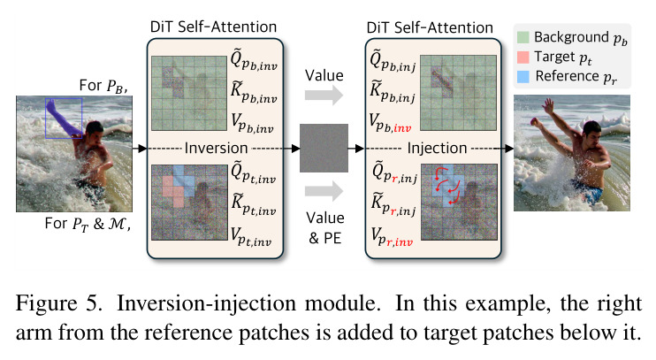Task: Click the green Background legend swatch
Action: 523,37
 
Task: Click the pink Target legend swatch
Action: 523,57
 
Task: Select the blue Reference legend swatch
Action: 523,77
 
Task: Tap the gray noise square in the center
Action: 324,148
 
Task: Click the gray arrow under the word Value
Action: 324,95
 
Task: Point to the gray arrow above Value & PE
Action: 324,191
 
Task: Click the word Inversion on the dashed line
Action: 216,149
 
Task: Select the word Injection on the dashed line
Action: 437,149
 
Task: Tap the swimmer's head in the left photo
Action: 95,127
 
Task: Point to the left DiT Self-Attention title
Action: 213,27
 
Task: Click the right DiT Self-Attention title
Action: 430,27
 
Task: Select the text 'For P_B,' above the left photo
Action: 103,86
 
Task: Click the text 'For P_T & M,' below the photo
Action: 88,224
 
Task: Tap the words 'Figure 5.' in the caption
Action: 58,303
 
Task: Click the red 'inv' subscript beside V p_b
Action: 402,128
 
